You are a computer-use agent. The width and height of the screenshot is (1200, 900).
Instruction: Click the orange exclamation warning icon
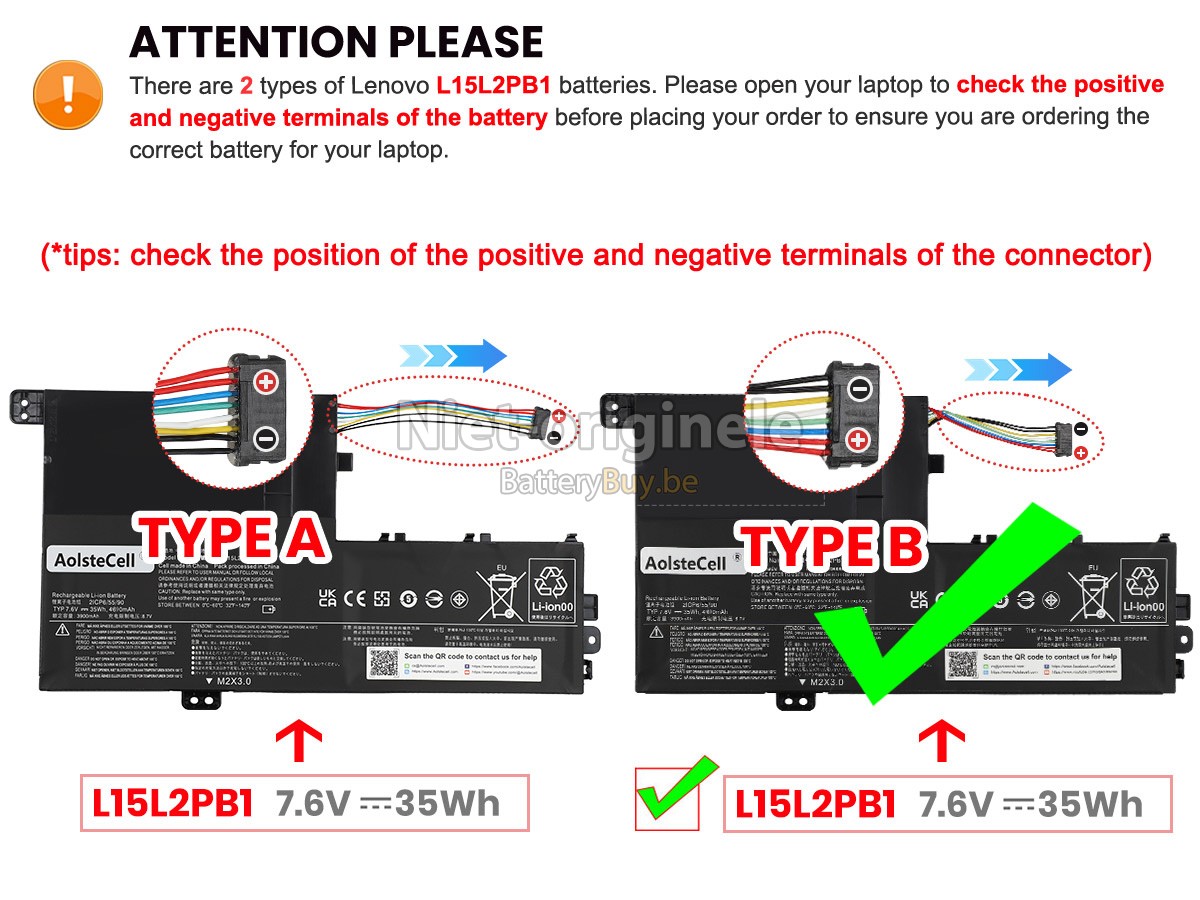tap(68, 93)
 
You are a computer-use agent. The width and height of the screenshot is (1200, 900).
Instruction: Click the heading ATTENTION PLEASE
tap(336, 42)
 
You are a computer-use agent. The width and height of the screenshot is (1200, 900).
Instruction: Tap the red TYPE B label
tap(832, 547)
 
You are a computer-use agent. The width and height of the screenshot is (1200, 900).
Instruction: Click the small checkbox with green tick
tap(676, 796)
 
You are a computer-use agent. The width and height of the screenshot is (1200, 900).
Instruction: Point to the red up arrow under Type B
tap(942, 742)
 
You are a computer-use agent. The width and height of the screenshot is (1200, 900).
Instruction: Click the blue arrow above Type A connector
tap(453, 355)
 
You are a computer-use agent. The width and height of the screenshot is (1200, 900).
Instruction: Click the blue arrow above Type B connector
tap(1017, 370)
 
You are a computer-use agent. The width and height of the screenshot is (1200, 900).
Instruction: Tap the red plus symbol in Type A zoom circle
tap(266, 381)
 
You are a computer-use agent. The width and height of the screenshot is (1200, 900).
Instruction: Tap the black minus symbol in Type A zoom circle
tap(266, 437)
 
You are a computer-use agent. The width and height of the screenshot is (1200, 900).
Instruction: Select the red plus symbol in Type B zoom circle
tap(858, 439)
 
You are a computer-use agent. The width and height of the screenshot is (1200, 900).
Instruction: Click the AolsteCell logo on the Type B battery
tap(686, 563)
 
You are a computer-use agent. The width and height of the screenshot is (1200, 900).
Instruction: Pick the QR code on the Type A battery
tap(383, 662)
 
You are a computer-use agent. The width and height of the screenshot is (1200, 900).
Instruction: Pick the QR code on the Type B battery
tap(962, 669)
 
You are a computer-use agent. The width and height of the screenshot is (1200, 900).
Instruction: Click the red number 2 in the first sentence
tap(246, 85)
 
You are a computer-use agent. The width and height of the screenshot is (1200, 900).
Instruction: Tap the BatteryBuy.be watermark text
tap(598, 484)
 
